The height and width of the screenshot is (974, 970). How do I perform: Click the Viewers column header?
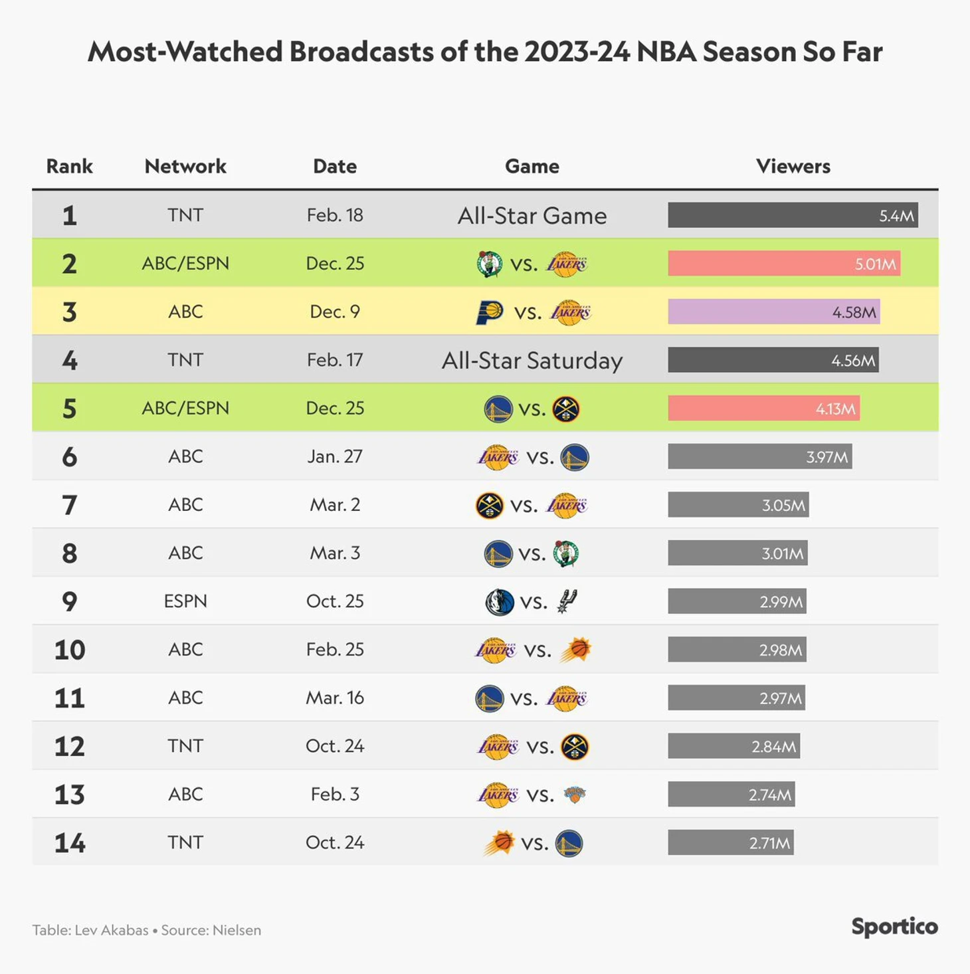pyautogui.click(x=793, y=166)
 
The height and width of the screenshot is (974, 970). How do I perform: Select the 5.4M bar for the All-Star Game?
pyautogui.click(x=793, y=215)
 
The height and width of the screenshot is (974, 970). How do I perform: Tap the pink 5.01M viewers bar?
pyautogui.click(x=784, y=264)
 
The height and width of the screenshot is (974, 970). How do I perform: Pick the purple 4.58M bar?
pyautogui.click(x=774, y=312)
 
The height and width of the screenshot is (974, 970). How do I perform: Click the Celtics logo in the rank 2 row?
pyautogui.click(x=490, y=264)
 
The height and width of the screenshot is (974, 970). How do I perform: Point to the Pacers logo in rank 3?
pyautogui.click(x=490, y=312)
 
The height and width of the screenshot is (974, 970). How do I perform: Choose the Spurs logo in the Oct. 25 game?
pyautogui.click(x=567, y=601)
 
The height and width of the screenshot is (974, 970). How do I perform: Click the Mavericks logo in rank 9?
pyautogui.click(x=500, y=602)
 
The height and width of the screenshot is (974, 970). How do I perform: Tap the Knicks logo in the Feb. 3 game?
pyautogui.click(x=574, y=795)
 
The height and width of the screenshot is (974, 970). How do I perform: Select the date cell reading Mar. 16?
pyautogui.click(x=335, y=698)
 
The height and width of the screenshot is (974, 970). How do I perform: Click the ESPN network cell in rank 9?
pyautogui.click(x=185, y=601)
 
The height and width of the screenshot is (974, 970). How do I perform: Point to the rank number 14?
pyautogui.click(x=70, y=842)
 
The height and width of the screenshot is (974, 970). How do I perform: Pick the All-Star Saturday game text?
pyautogui.click(x=532, y=360)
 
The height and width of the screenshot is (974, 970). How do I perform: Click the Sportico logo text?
pyautogui.click(x=894, y=926)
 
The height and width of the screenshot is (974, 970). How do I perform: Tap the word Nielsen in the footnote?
pyautogui.click(x=237, y=930)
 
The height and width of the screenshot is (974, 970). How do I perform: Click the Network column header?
pyautogui.click(x=185, y=166)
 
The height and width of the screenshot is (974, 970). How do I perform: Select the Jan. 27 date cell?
pyautogui.click(x=335, y=456)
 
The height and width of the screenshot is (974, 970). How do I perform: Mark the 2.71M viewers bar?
pyautogui.click(x=730, y=842)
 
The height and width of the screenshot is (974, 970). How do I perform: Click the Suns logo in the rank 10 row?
pyautogui.click(x=575, y=650)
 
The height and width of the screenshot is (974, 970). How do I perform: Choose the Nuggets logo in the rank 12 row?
pyautogui.click(x=575, y=747)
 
